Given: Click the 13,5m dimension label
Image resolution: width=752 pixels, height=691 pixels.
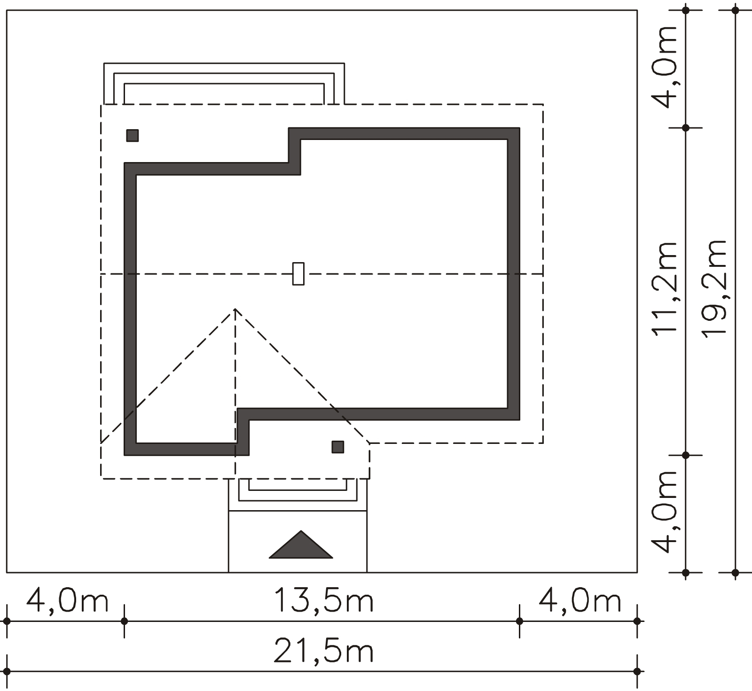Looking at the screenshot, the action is [323, 601].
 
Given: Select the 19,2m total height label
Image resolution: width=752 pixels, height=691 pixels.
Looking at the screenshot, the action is [714, 288].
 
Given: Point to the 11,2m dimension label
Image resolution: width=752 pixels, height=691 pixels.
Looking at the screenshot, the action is [664, 288].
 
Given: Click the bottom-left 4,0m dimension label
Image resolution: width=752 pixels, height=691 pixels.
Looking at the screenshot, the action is [67, 601].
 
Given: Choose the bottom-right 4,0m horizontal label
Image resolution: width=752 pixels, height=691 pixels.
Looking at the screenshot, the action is [580, 601].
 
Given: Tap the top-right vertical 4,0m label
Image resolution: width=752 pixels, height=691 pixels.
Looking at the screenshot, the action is [664, 67].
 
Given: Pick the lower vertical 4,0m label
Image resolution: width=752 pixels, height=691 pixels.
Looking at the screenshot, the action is [664, 512].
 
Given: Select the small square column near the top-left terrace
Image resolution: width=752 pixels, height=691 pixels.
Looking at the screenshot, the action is [133, 136].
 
